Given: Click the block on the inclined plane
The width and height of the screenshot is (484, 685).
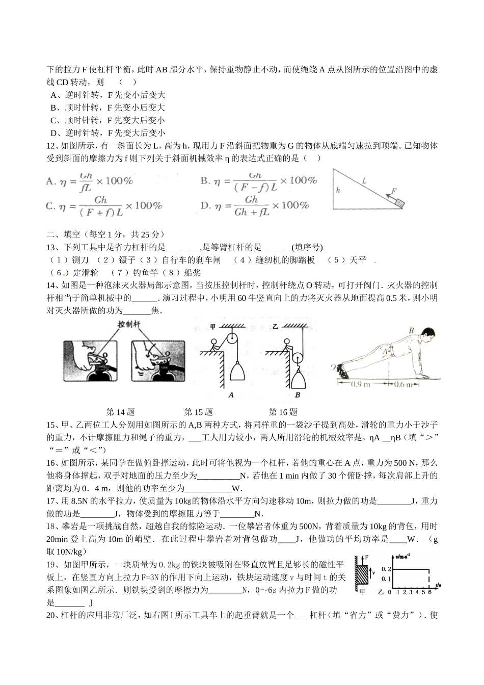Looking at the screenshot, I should click(400, 203).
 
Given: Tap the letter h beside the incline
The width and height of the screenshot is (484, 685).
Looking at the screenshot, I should click(337, 190).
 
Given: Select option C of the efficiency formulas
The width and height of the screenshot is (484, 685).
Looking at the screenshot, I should click(104, 205).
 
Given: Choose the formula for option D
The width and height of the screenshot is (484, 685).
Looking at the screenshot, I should click(255, 205).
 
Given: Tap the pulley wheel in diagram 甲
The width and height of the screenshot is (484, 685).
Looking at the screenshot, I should click(235, 338).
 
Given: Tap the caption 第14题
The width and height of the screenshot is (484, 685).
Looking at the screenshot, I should click(120, 412).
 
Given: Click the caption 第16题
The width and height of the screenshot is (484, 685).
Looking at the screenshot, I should click(283, 412).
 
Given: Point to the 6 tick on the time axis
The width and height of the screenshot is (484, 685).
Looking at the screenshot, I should click(429, 592).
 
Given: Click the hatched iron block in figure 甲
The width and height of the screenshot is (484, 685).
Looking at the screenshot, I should click(362, 576).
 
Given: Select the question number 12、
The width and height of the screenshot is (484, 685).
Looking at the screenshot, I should click(53, 146).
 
